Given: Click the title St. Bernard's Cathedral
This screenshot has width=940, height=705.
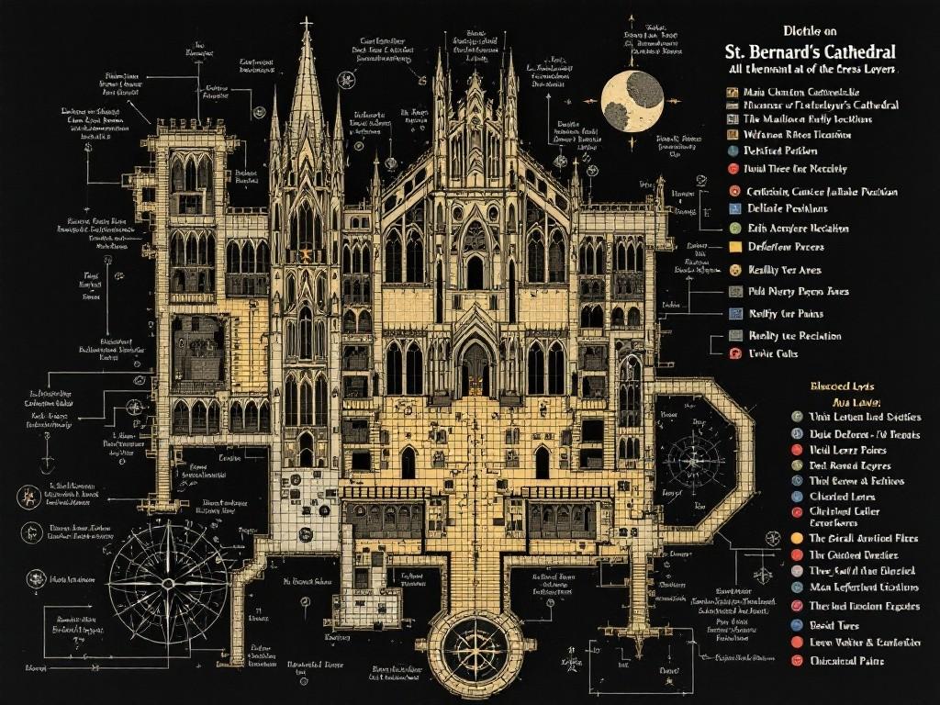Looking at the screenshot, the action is pos(804,52).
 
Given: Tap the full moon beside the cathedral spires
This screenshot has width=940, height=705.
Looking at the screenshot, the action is pos(632,101).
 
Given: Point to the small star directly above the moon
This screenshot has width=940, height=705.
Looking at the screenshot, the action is pos(632,17).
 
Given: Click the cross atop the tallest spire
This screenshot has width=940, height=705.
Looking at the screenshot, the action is pos(307,22).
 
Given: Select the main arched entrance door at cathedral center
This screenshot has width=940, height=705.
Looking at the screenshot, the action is pos(475,367).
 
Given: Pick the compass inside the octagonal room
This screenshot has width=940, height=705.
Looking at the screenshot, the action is pos(696,456).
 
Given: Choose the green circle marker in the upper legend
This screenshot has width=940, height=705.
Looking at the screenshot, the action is pos(734,227).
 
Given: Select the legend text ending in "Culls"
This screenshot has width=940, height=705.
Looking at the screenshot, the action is pos(775,353).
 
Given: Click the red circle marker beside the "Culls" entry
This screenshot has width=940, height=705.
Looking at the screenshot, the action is pos(734,353).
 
